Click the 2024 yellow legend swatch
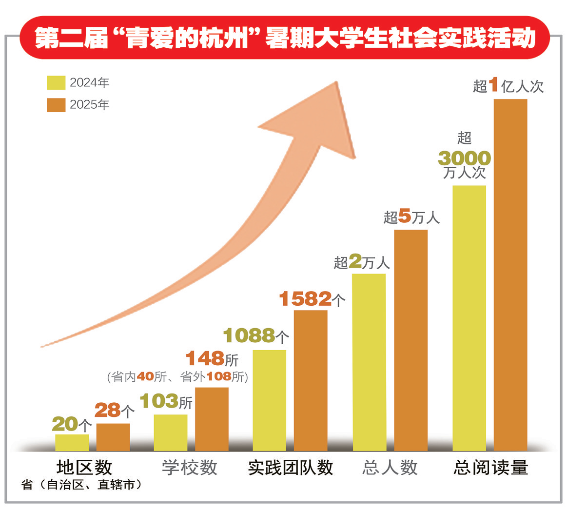pyautogui.click(x=56, y=82)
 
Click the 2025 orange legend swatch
pyautogui.click(x=56, y=105)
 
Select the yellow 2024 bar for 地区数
pyautogui.click(x=72, y=442)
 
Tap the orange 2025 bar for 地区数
pyautogui.click(x=113, y=437)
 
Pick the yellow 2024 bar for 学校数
pyautogui.click(x=171, y=432)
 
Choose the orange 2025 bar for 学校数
pyautogui.click(x=212, y=419)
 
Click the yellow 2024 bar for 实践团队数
pyautogui.click(x=270, y=400)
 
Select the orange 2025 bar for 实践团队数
pyautogui.click(x=311, y=380)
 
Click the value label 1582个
pyautogui.click(x=312, y=299)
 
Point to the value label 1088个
pyautogui.click(x=256, y=335)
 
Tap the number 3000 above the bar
pyautogui.click(x=464, y=158)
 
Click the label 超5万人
pyautogui.click(x=411, y=217)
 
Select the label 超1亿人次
pyautogui.click(x=508, y=86)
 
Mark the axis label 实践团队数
pyautogui.click(x=290, y=468)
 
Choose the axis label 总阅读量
pyautogui.click(x=490, y=468)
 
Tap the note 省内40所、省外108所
pyautogui.click(x=177, y=377)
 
